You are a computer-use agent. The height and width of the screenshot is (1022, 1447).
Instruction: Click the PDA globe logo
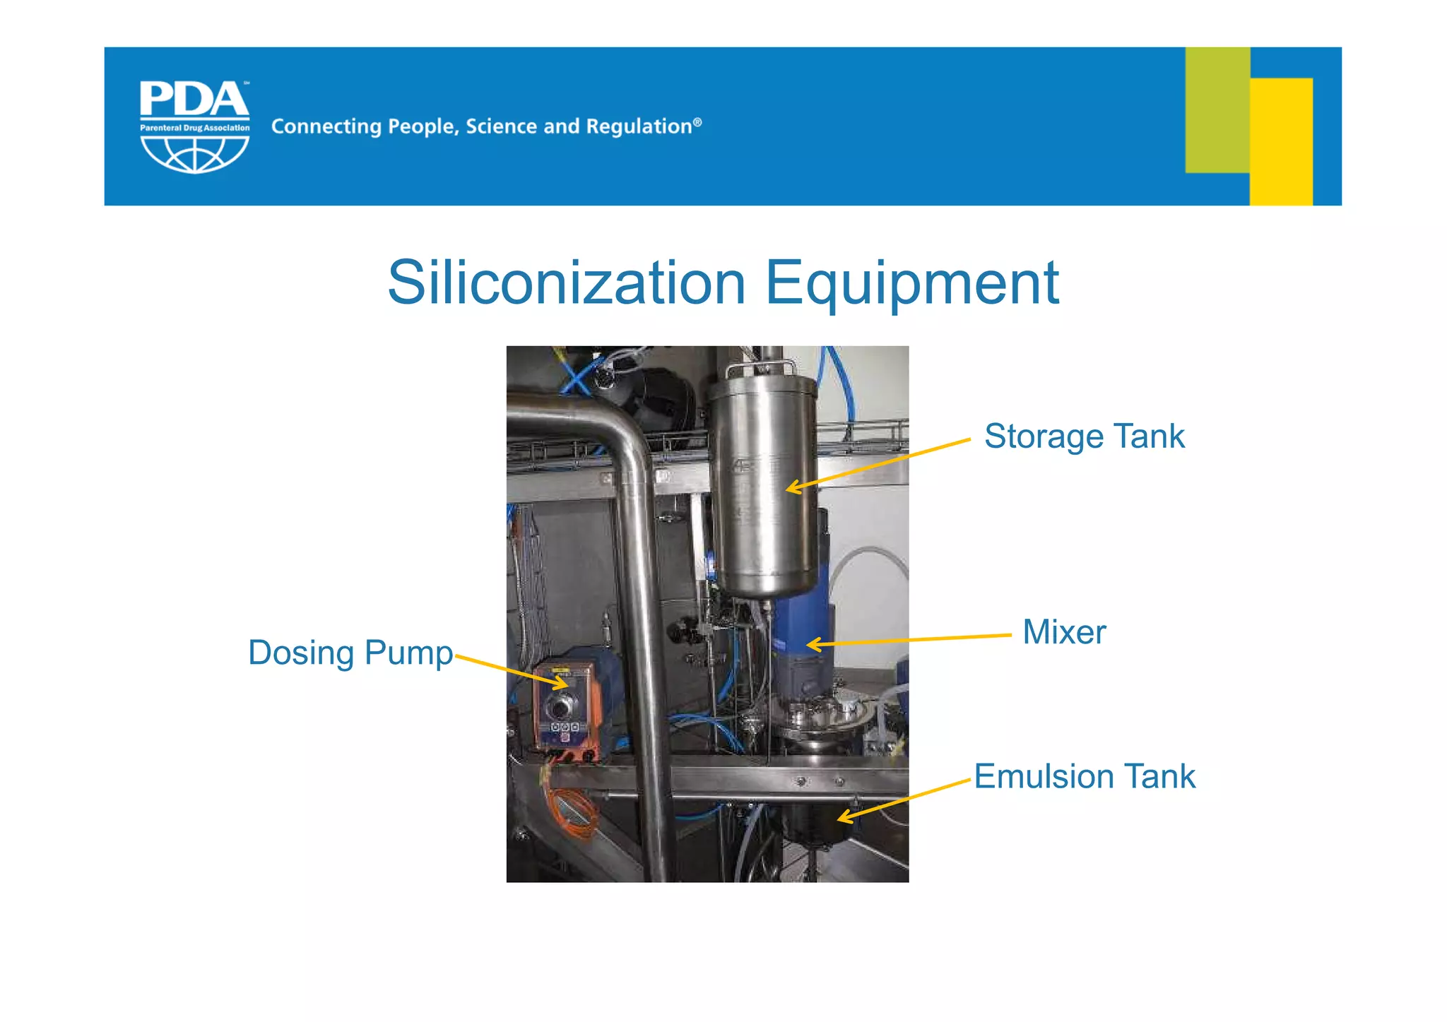pos(194,126)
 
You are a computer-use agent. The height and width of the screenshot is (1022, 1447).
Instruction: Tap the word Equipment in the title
pos(911,284)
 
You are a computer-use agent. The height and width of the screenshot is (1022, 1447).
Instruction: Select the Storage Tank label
pos(1084,436)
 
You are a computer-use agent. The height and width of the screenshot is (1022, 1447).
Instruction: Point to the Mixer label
pos(1064,632)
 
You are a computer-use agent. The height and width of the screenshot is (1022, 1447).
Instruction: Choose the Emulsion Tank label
pos(1085,777)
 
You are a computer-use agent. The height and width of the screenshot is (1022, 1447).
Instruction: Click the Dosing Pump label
pos(350,653)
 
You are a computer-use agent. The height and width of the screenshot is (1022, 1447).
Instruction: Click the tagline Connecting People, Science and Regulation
pos(486,126)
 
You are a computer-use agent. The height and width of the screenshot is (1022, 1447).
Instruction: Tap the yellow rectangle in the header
pos(1281,141)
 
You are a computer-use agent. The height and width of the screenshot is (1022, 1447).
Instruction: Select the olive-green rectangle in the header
pos(1217,109)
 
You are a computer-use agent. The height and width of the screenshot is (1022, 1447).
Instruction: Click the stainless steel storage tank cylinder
pos(763,487)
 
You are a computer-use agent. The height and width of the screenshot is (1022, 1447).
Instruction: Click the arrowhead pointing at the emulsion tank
pos(842,818)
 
